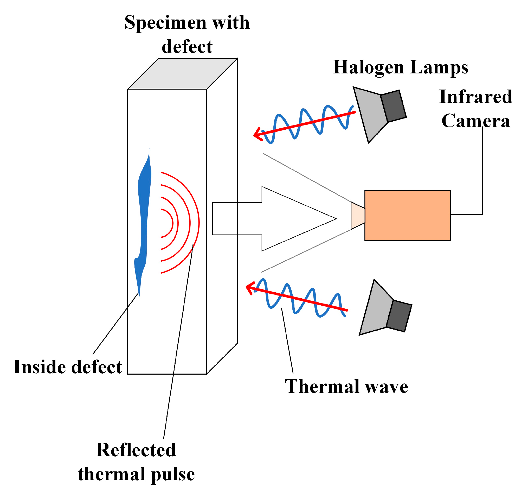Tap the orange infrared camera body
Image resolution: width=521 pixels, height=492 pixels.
click(408, 216)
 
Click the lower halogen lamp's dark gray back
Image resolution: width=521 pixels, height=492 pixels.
click(399, 316)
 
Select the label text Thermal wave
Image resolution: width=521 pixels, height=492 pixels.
click(346, 387)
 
